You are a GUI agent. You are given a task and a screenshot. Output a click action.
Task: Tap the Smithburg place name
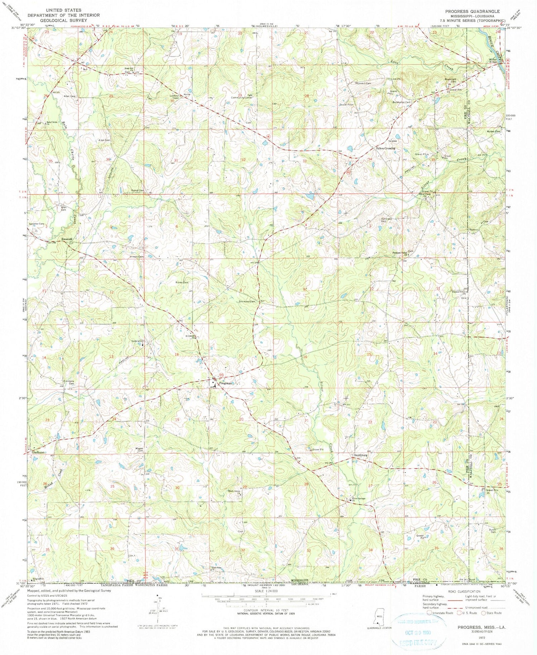(x=361, y=455)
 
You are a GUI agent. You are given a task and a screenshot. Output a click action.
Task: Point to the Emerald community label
(x=67, y=239)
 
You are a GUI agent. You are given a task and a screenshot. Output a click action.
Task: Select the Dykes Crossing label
(x=385, y=148)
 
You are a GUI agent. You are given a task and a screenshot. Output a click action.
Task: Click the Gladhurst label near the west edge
(x=38, y=452)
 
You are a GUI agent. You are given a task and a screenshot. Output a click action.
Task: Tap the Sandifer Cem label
(x=37, y=224)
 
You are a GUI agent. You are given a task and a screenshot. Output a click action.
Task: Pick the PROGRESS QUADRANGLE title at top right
(x=472, y=11)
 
